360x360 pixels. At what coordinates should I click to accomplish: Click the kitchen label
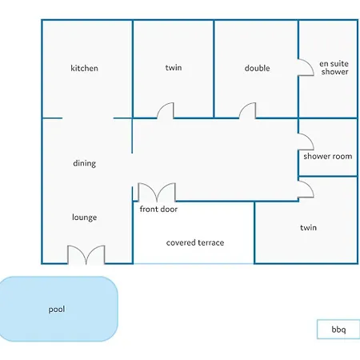point(84,68)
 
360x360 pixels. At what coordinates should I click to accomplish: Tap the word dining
point(84,163)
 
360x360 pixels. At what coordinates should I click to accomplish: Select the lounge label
point(84,218)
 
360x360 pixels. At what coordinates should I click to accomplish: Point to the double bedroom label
point(257,68)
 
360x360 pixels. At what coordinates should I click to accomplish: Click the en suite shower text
point(334,68)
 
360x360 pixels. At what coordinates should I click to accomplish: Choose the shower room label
point(328,156)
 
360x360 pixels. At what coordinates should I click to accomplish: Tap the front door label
point(158,209)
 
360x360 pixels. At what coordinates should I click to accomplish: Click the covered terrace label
point(195,242)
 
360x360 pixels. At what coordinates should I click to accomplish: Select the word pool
point(57,310)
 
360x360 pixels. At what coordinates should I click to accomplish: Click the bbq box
point(338,330)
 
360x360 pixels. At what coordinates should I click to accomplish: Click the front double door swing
point(157,193)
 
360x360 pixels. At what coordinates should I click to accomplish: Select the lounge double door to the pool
point(86,255)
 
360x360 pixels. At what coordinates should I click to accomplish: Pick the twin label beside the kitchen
point(174,67)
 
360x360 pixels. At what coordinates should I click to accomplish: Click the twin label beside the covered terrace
point(308,227)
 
